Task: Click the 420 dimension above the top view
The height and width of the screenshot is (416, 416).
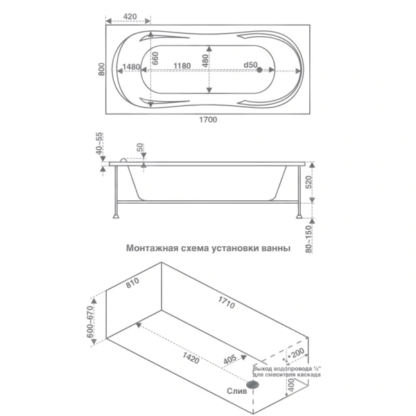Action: click(130, 17)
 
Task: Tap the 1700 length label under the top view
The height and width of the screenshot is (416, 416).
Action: click(208, 120)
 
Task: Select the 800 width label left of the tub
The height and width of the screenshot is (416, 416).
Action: click(101, 69)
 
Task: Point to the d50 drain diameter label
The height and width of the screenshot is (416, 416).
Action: click(250, 65)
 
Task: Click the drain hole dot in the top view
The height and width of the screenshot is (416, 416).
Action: click(259, 70)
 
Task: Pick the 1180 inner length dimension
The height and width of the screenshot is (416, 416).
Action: click(182, 66)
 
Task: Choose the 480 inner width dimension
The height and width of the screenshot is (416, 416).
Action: click(205, 61)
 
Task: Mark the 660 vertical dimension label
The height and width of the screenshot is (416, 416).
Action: click(155, 58)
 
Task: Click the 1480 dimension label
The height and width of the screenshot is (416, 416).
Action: click(131, 67)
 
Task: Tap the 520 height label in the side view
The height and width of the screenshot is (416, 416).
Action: click(309, 182)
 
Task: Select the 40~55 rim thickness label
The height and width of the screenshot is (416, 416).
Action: click(98, 144)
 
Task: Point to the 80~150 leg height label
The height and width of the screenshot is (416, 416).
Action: click(309, 239)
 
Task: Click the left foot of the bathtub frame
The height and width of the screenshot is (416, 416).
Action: click(116, 216)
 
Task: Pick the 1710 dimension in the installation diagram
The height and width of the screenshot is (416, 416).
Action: click(226, 303)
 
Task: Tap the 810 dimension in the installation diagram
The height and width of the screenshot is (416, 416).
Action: click(132, 283)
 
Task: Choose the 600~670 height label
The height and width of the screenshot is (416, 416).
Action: click(90, 322)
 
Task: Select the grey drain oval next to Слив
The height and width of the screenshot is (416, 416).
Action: click(252, 384)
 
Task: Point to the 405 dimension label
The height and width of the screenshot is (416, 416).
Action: click(229, 359)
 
